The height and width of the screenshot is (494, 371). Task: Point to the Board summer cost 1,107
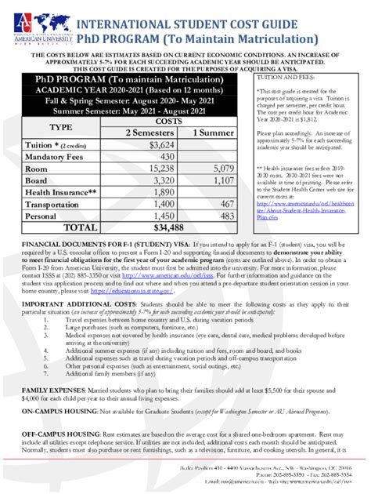click(222, 180)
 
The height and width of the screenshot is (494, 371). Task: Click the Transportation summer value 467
click(225, 204)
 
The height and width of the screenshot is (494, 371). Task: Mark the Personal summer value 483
click(225, 216)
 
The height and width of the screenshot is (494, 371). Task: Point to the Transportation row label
click(63, 204)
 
